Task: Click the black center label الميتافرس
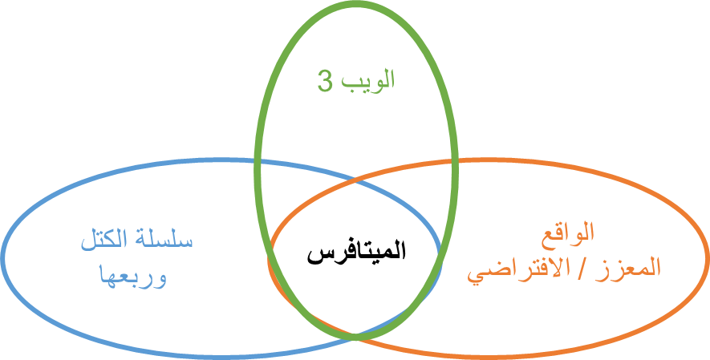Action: tap(356, 253)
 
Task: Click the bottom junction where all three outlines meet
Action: tap(355, 337)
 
